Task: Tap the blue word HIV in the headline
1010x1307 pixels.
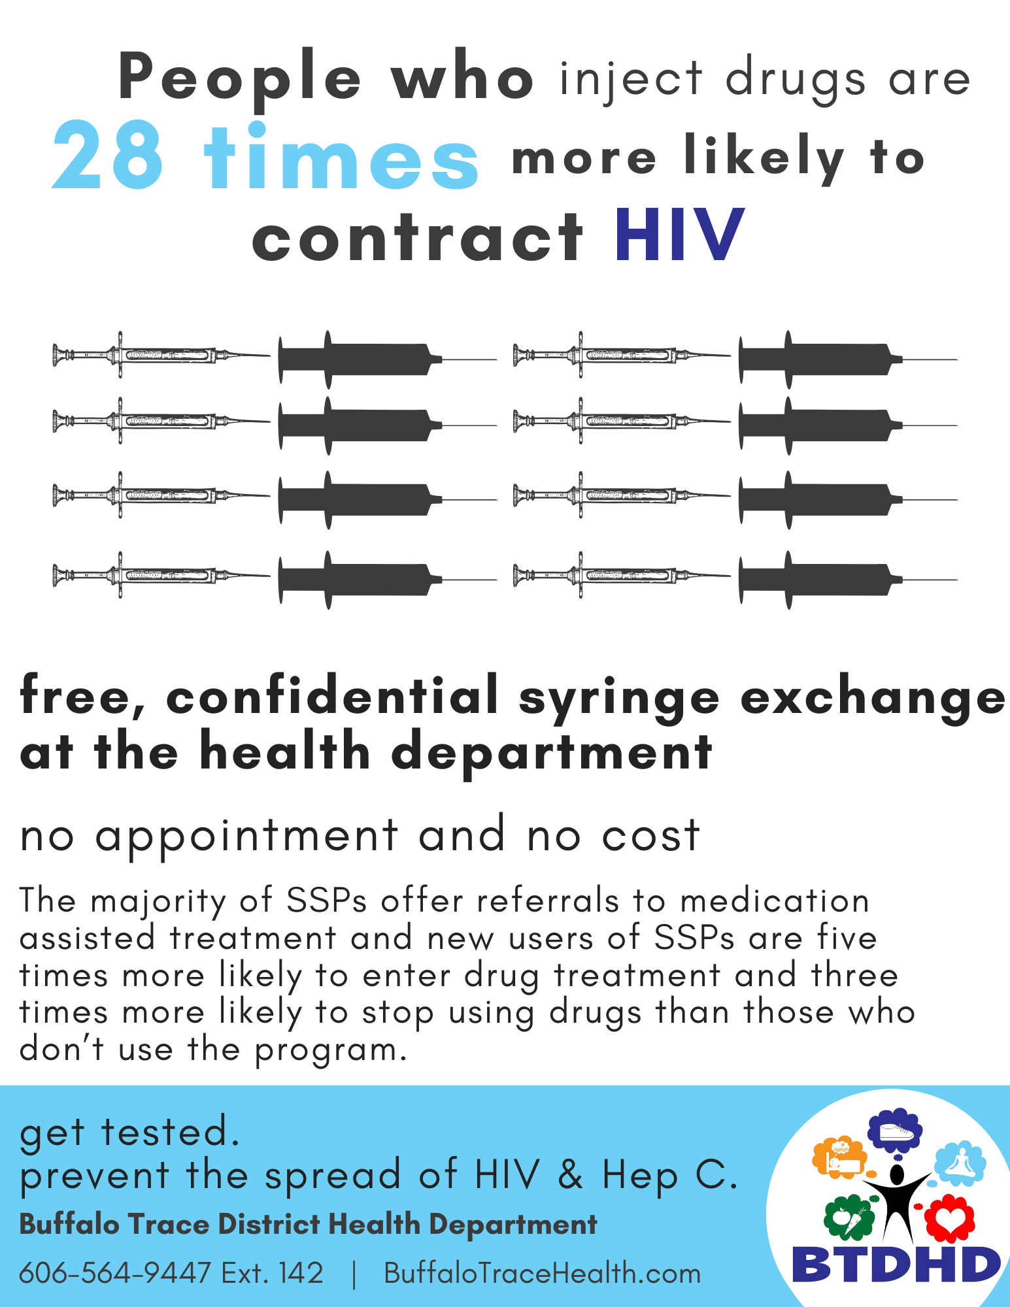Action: point(680,235)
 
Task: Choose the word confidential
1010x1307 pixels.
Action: point(332,696)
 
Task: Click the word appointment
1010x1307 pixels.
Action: point(246,836)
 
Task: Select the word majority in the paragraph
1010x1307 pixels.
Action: point(158,902)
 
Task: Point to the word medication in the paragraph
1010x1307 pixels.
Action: point(775,901)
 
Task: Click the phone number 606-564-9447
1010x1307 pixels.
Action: point(115,1273)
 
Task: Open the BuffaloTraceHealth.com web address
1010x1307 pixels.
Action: point(542,1273)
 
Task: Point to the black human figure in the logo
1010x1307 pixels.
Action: point(897,1201)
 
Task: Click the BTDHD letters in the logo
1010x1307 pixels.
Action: point(896,1264)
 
